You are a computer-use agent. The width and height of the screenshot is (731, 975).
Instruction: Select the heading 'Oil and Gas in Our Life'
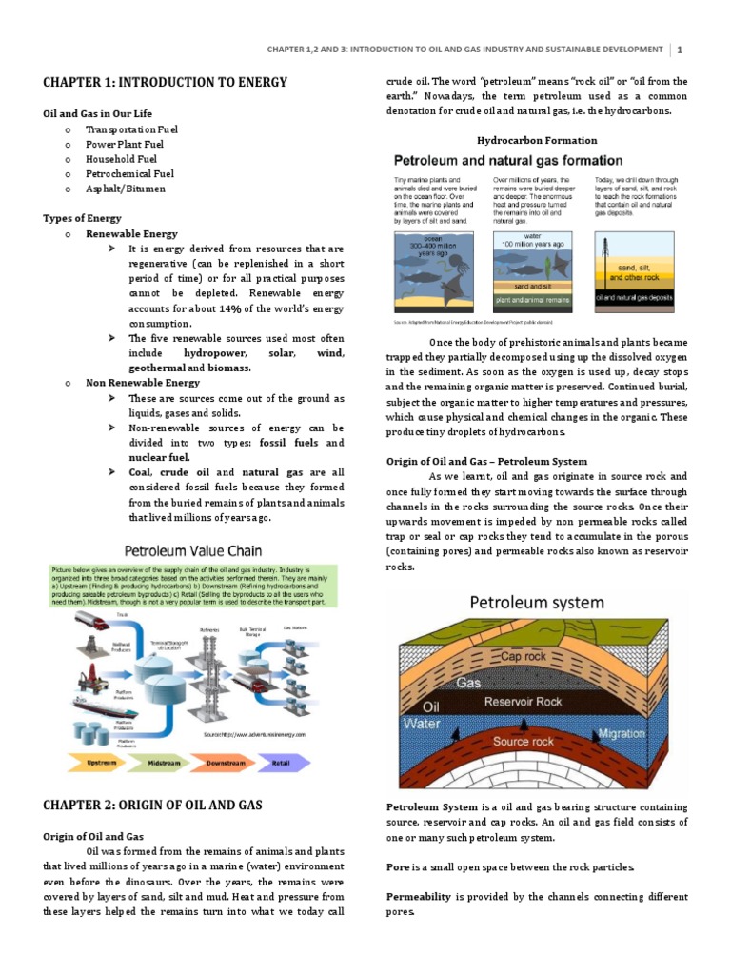(99, 113)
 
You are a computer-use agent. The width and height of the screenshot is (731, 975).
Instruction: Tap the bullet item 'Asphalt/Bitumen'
(125, 189)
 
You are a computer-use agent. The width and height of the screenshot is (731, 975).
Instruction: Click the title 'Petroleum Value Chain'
(189, 549)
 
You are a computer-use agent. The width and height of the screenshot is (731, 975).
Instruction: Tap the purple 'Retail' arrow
(284, 762)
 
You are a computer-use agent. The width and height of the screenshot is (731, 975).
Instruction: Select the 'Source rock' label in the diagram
(524, 741)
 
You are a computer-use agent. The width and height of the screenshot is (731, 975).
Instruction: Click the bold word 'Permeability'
(420, 897)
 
